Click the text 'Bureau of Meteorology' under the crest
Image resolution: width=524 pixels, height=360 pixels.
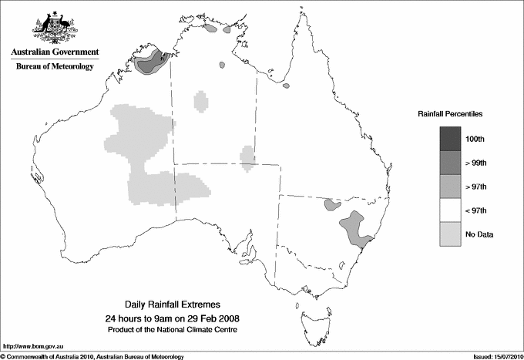(x=55, y=67)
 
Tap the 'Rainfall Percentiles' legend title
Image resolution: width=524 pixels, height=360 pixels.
(x=450, y=113)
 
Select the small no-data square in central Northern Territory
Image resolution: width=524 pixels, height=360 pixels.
(x=201, y=101)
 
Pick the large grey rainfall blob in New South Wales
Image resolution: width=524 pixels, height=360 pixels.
(x=355, y=228)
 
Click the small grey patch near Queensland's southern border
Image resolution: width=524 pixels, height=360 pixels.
(x=333, y=205)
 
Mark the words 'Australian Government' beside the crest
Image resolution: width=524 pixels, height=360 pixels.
(x=55, y=52)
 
